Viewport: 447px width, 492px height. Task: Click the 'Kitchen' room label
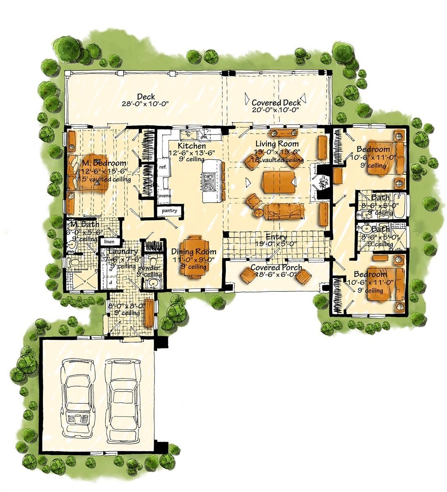coord(192,146)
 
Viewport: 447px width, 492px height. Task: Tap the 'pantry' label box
coord(169,211)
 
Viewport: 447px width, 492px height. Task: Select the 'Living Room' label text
coord(277,144)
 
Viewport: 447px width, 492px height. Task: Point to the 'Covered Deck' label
coord(276,102)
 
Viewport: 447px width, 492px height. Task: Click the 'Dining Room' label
coord(194,252)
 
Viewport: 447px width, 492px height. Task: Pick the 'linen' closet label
coord(109,242)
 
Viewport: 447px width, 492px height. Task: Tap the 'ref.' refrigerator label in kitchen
coord(162,167)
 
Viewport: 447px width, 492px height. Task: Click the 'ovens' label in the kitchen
coord(164,196)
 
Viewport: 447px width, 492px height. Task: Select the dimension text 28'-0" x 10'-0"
coord(145,104)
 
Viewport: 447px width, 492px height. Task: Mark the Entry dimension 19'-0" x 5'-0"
coord(277,244)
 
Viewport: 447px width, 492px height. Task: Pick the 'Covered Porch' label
coord(277,268)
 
